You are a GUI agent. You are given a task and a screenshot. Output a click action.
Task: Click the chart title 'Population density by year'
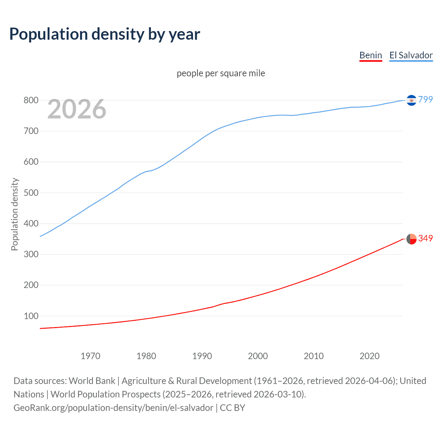[x=105, y=34]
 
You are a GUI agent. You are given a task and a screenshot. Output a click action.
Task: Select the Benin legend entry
[x=371, y=55]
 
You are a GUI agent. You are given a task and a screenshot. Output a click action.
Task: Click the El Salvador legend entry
[x=411, y=55]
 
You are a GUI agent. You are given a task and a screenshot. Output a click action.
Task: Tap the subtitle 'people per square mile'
[x=221, y=73]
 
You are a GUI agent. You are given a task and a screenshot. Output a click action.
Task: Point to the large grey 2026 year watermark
[x=77, y=109]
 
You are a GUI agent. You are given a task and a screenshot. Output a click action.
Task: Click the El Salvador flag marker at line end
[x=411, y=100]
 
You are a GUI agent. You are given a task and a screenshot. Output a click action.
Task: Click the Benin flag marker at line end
[x=411, y=239]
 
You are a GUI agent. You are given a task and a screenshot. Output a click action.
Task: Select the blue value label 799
[x=425, y=99]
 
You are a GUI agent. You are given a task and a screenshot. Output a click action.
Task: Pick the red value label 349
[x=425, y=238]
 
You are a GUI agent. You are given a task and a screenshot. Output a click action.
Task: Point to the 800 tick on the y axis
[x=31, y=100]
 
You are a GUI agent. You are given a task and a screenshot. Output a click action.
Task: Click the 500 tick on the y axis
[x=31, y=193]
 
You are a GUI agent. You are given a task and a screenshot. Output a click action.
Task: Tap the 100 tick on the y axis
[x=31, y=316]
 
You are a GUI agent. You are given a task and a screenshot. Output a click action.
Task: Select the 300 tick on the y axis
[x=31, y=254]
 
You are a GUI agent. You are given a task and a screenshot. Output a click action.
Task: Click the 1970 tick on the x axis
[x=90, y=356]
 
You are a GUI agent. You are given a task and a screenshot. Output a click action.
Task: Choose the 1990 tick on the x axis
[x=202, y=356]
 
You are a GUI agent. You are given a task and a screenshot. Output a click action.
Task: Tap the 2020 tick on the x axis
[x=369, y=356]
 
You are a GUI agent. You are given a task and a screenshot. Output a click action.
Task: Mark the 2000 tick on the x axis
[x=258, y=356]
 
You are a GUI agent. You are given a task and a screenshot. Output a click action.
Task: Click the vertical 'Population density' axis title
[x=15, y=214]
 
